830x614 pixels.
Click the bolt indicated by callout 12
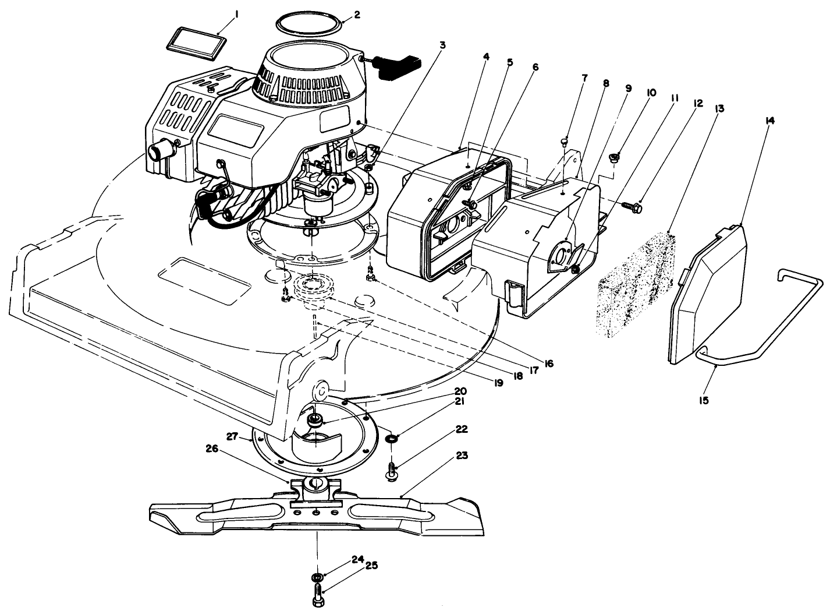click(x=631, y=206)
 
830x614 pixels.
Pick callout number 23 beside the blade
click(x=462, y=456)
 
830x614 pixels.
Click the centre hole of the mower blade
click(x=316, y=512)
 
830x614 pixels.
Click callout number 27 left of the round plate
click(x=232, y=436)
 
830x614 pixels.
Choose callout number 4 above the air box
click(x=486, y=57)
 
